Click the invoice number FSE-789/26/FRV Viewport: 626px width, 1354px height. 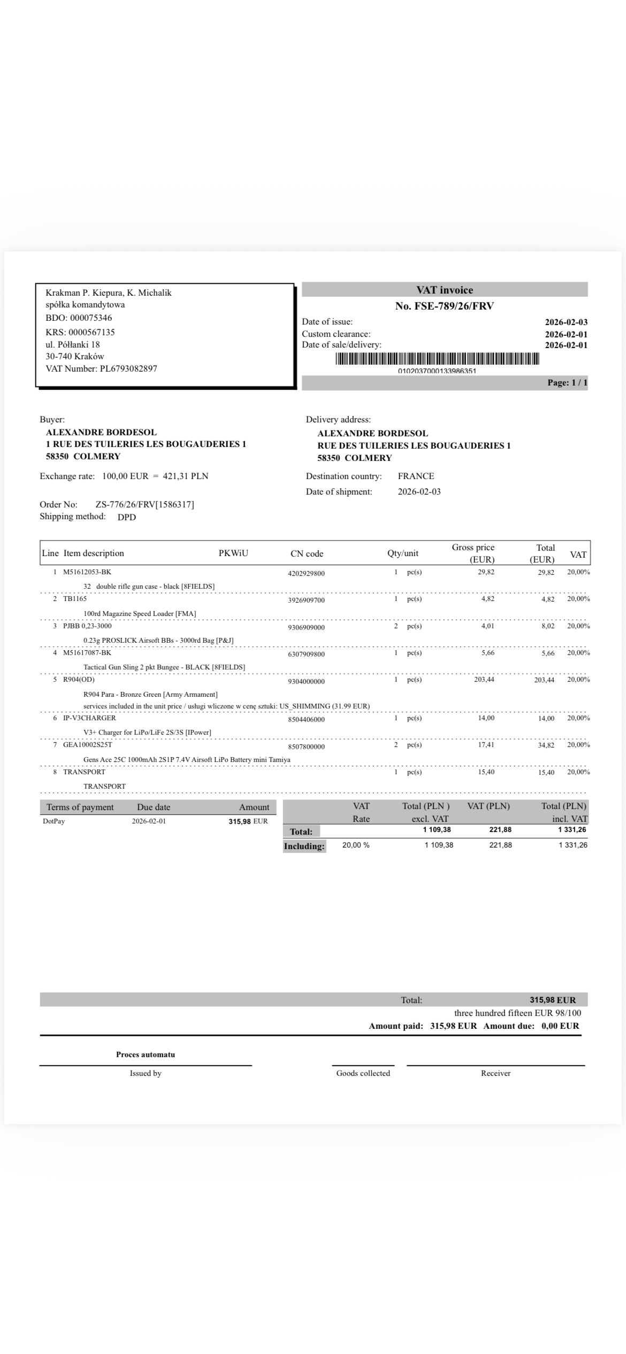(444, 306)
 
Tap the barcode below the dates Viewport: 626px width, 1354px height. (437, 359)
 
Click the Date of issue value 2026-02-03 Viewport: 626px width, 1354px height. (566, 322)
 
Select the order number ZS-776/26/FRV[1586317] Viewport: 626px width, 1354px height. (144, 504)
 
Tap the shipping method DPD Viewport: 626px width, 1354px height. (127, 517)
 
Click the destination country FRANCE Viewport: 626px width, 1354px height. (416, 476)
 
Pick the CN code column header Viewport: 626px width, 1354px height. (307, 553)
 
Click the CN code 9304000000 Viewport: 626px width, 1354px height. (306, 681)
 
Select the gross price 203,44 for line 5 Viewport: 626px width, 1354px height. (484, 680)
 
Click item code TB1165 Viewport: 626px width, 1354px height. (75, 599)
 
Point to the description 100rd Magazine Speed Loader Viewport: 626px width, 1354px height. (140, 613)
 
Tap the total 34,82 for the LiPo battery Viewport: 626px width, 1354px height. (546, 745)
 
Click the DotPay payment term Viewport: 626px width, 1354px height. (54, 821)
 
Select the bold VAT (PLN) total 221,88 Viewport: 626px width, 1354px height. (500, 830)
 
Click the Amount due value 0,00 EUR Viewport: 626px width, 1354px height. (560, 1026)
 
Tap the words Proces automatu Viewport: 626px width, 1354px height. (146, 1055)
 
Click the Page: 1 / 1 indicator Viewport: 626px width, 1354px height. (567, 383)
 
